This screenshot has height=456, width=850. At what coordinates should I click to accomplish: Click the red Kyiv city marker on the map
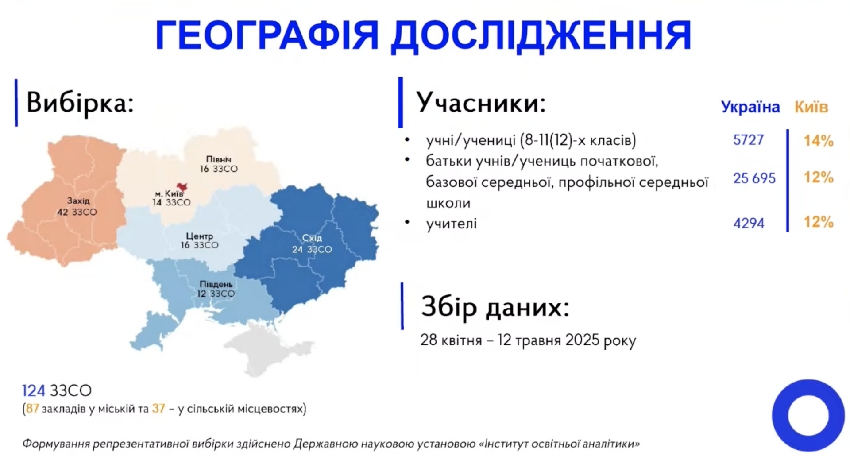point(182,187)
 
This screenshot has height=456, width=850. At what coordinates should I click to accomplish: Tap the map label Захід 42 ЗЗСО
point(77,206)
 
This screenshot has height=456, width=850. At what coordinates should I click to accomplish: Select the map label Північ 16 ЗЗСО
point(219,164)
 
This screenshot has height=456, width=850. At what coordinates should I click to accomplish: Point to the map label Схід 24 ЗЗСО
point(312,244)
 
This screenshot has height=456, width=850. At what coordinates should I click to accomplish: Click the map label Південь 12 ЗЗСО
point(216,289)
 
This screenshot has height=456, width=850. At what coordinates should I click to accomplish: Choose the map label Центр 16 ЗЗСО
point(199,240)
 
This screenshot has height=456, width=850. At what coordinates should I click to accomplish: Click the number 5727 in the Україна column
point(748,140)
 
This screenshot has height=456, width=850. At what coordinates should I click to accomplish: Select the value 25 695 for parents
point(754,178)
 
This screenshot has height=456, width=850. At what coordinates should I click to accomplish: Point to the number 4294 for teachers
point(749,223)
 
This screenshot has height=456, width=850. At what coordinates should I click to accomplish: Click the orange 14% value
point(819,141)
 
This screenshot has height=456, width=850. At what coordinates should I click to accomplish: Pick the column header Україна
point(750,107)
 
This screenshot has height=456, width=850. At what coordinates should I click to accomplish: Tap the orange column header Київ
point(811,107)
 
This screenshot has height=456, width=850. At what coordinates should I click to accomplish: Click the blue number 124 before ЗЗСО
point(34,390)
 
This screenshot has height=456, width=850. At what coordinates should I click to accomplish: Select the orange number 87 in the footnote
point(32,408)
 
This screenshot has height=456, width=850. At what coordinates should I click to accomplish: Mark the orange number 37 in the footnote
point(158,408)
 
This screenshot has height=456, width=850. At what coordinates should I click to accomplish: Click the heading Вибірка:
point(80,103)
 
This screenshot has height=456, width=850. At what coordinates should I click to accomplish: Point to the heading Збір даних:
point(495,306)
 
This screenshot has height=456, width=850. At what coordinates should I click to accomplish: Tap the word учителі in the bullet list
point(452,224)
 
